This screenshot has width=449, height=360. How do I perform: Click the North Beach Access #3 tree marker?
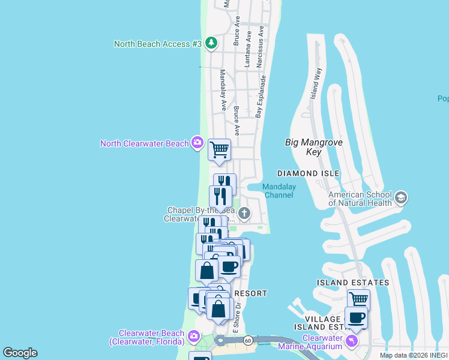(211, 43)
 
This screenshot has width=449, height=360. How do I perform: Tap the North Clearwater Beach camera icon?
(197, 143)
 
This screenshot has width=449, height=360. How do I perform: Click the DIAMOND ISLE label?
(309, 173)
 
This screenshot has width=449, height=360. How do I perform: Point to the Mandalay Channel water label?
(279, 191)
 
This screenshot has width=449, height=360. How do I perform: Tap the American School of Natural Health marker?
(400, 197)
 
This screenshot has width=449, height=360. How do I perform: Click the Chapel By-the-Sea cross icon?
(244, 213)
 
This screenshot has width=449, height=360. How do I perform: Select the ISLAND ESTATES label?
(353, 283)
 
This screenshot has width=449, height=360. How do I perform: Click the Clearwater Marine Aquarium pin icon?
(352, 341)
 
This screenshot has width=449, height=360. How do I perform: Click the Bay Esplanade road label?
(261, 96)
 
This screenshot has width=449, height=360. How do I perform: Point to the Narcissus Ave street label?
(261, 46)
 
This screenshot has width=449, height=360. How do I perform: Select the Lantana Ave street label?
(247, 50)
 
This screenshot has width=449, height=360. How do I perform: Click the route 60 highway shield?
(247, 341)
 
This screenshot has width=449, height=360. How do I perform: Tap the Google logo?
(20, 353)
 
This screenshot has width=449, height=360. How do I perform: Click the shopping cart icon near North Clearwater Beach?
(219, 149)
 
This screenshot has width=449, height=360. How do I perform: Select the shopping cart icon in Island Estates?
(358, 298)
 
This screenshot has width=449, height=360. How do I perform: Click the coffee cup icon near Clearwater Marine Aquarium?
(357, 317)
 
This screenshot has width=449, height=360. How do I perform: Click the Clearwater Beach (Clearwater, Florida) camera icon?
(193, 335)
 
